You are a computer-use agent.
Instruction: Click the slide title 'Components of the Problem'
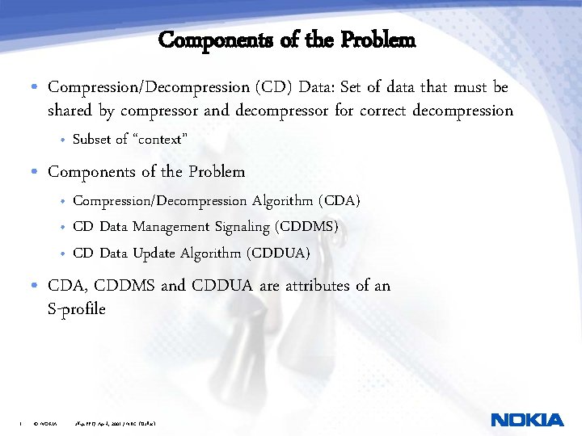pos(287,39)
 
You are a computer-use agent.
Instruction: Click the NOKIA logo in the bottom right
pos(527,420)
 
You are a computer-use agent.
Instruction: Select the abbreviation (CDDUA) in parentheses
pos(280,253)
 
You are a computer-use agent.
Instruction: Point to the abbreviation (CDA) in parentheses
pos(339,200)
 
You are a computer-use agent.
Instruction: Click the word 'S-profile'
pos(77,308)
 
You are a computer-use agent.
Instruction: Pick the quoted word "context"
pos(160,140)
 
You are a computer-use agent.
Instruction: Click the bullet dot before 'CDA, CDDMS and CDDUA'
pos(36,286)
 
